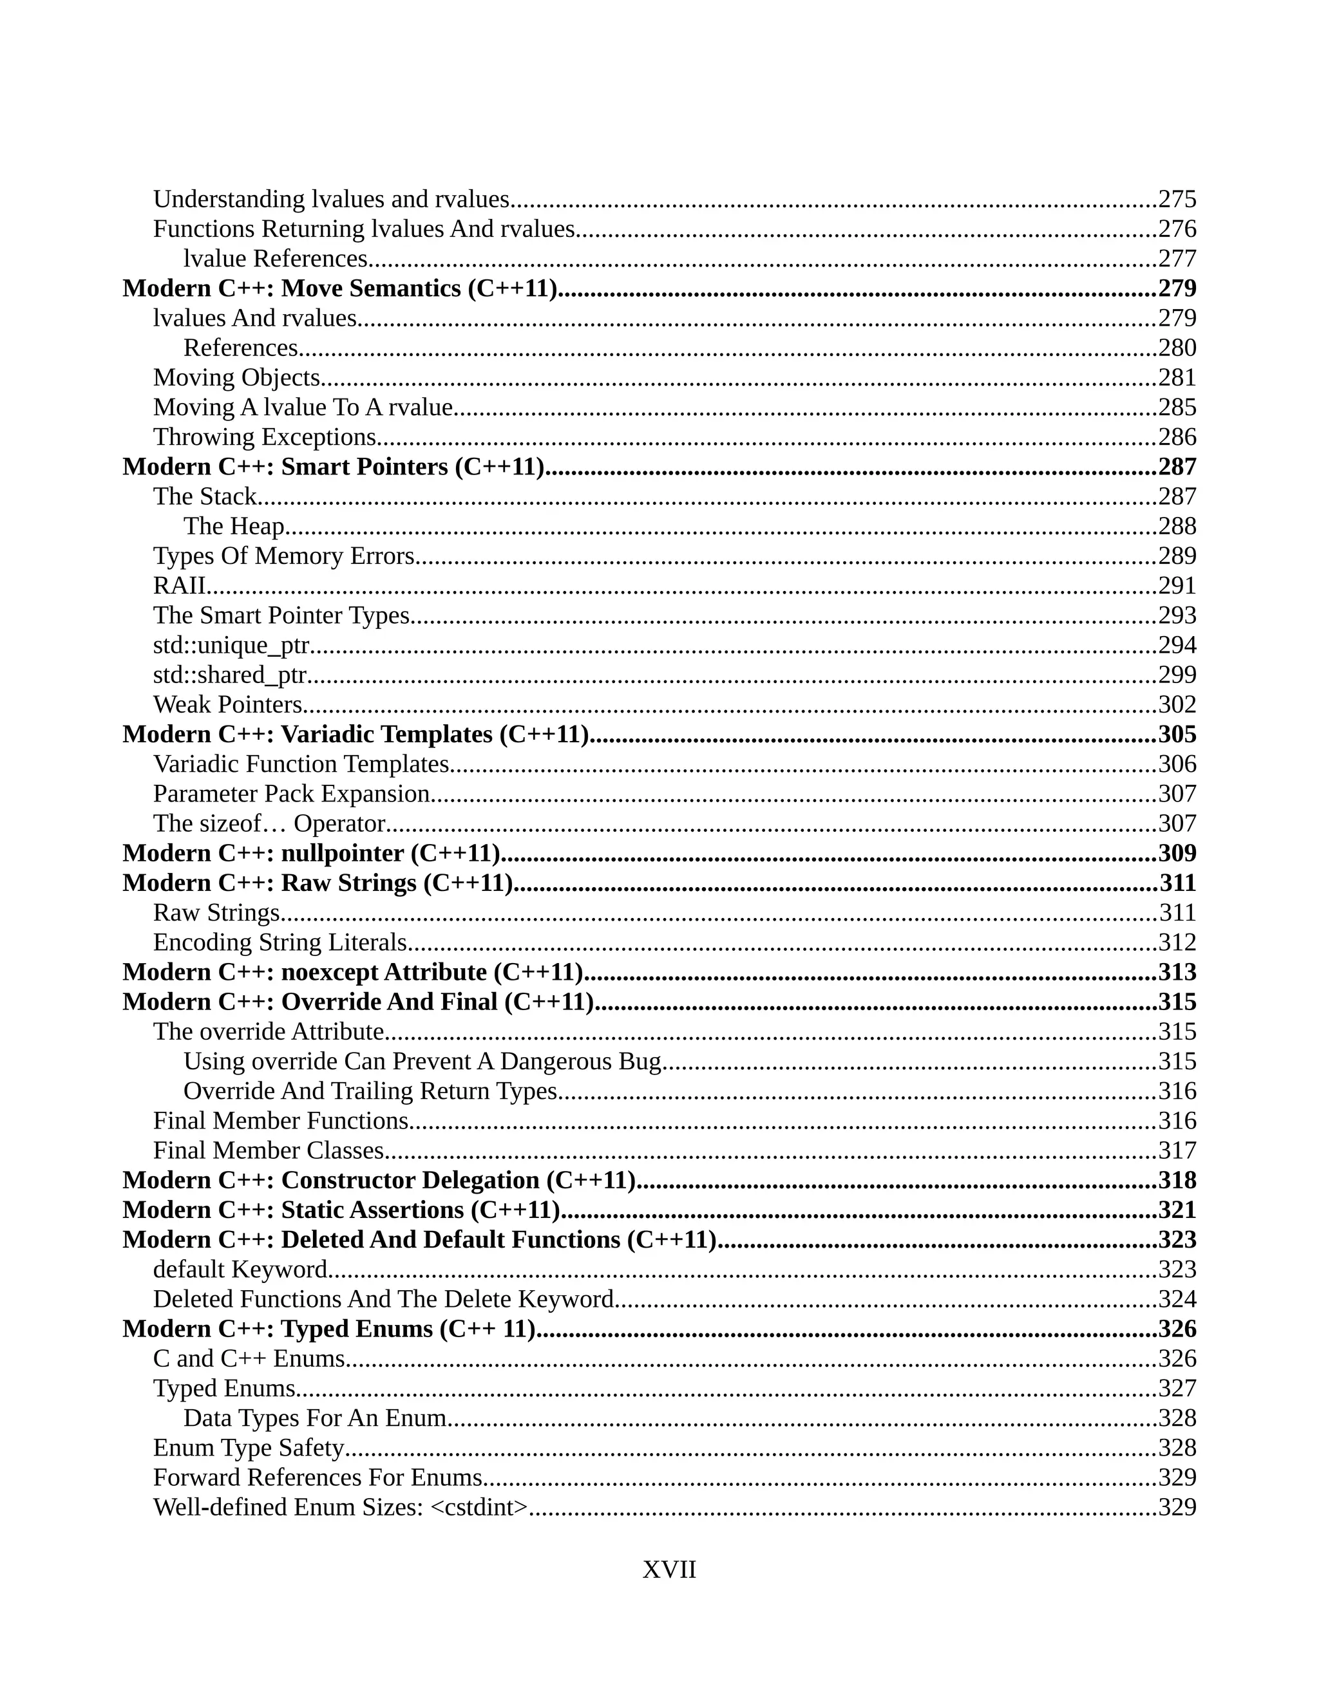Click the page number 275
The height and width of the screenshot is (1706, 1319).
coord(1177,199)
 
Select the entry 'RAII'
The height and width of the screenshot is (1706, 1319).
coord(180,586)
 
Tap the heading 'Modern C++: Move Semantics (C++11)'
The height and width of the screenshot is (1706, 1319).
coord(340,288)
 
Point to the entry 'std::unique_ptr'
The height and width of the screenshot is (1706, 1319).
coord(231,645)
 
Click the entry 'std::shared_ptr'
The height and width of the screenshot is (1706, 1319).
coord(230,675)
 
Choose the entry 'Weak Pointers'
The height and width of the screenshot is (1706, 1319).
coord(227,704)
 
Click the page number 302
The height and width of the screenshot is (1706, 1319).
coord(1177,704)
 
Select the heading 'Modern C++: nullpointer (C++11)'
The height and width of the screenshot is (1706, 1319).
coord(311,853)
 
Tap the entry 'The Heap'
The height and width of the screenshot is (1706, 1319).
coord(234,527)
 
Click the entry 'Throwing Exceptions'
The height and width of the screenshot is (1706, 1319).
coord(265,436)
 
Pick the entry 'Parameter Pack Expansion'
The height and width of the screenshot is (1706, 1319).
coord(292,794)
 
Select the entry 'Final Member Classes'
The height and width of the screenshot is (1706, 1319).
coord(268,1150)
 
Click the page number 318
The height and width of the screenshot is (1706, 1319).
coord(1177,1180)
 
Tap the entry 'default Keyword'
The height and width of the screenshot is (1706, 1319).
coord(240,1270)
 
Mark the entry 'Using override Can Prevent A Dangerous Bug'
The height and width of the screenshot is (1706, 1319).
coord(422,1062)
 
